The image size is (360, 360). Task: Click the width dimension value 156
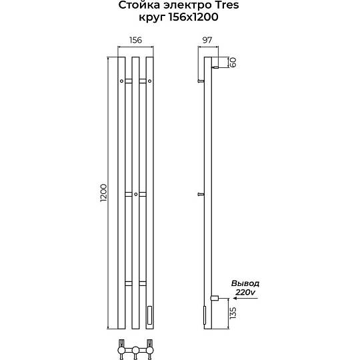coord(136,40)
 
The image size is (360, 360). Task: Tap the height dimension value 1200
coord(103,193)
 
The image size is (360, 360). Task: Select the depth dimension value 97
coord(207,40)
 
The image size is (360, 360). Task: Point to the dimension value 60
coord(233,62)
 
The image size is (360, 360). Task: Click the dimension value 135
coord(233,313)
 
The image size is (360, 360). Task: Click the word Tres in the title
coord(226,5)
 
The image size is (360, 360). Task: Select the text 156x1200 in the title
coord(193,17)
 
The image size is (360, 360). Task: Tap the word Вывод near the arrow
coord(245,283)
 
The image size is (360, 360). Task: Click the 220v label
coord(245,292)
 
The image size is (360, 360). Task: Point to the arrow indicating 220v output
coord(245,298)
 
